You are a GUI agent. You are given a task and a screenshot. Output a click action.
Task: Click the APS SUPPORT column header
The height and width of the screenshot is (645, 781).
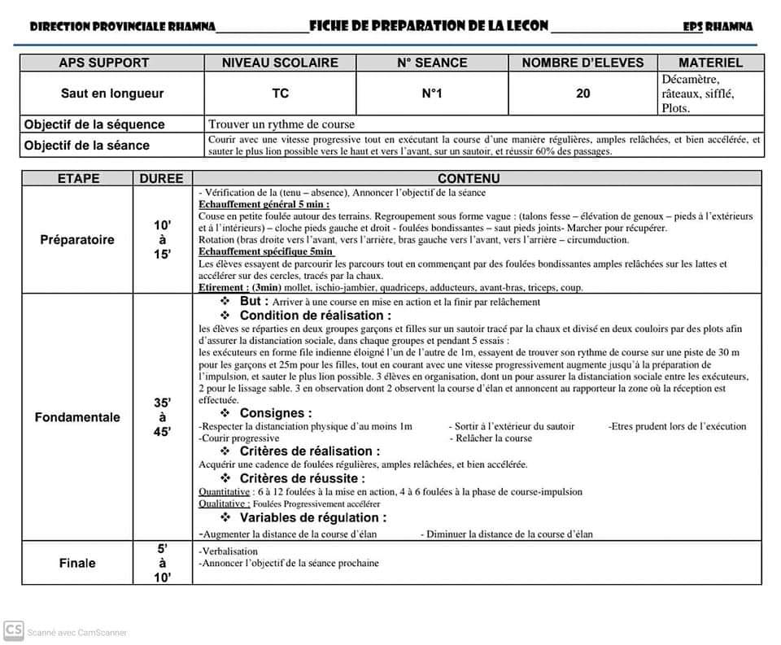(104, 63)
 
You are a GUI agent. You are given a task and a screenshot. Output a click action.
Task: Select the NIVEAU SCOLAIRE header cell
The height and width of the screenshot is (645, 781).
(280, 63)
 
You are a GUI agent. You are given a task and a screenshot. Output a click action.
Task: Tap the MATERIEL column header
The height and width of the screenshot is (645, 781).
(710, 63)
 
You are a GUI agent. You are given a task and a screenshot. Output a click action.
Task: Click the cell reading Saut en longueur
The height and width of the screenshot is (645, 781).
(112, 94)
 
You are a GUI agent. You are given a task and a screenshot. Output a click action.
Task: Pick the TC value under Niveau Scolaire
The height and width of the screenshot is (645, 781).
(280, 94)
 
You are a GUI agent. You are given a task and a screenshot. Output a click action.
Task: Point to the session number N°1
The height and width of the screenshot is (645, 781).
(432, 94)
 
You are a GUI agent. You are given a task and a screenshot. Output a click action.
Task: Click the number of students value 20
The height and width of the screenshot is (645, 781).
(583, 94)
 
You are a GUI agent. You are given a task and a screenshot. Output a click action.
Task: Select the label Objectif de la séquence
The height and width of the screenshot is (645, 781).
(94, 124)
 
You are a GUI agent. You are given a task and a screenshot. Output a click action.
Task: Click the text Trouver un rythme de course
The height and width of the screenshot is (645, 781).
(281, 124)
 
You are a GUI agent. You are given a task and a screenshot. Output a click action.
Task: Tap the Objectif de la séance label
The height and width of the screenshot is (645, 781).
(87, 146)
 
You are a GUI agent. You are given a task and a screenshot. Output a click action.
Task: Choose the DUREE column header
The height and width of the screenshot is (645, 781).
(162, 178)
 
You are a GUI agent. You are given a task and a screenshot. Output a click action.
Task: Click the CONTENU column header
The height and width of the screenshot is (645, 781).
(469, 178)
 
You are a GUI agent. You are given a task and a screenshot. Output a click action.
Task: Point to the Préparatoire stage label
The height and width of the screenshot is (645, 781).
(77, 240)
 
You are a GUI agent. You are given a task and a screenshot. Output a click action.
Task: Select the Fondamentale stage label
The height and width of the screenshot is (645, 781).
(77, 417)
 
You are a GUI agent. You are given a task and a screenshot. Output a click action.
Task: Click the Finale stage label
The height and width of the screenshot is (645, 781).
(77, 563)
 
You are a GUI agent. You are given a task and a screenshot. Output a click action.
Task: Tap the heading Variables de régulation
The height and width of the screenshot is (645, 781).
(312, 517)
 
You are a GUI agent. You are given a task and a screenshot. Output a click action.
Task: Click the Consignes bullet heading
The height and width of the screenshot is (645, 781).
(276, 413)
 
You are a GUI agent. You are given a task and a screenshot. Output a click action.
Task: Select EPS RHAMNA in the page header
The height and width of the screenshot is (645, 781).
(718, 27)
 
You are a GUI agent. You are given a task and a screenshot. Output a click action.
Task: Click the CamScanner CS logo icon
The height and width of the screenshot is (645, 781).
(13, 630)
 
